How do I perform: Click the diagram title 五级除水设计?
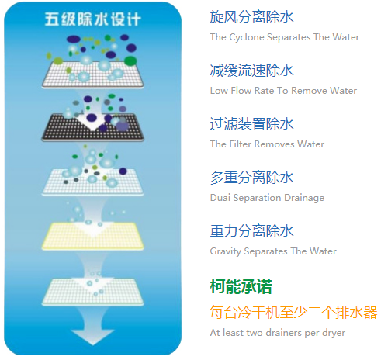93,19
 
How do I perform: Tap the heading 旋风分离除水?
251,17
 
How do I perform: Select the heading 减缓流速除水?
251,71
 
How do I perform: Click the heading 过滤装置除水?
251,124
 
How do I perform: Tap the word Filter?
241,144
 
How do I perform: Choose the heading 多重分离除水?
251,178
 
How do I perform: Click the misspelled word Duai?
220,198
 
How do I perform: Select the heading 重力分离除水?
251,231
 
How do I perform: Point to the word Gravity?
226,251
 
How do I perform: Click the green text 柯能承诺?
241,286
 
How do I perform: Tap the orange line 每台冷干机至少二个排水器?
293,313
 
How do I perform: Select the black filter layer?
92,127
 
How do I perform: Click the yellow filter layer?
92,237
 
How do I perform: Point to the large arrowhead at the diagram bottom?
92,337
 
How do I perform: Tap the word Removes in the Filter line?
275,144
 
